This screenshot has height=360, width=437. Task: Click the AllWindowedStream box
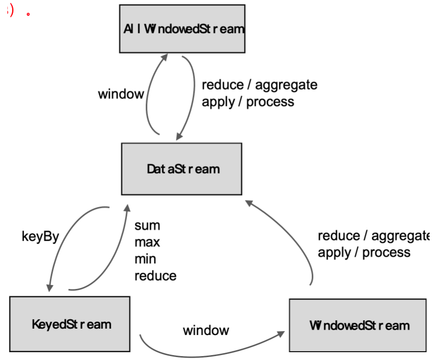[x=182, y=28]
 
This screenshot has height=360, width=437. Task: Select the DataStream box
[x=181, y=169]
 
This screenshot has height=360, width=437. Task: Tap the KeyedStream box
[x=70, y=324]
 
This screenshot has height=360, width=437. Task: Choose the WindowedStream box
[x=358, y=325]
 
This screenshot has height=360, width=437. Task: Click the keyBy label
[x=40, y=236]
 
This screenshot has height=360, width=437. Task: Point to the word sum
[x=147, y=226]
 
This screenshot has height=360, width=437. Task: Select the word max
[x=147, y=242]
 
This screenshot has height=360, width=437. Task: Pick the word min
[x=146, y=258]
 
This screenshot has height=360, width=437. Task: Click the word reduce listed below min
[x=155, y=276]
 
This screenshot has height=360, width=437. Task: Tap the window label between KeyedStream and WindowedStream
[x=206, y=330]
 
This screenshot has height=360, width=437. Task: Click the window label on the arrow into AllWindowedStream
[x=121, y=94]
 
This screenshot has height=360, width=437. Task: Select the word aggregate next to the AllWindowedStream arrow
[x=286, y=85]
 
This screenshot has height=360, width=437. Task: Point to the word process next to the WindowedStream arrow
[x=386, y=252]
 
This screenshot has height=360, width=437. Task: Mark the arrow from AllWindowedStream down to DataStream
[x=192, y=93]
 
